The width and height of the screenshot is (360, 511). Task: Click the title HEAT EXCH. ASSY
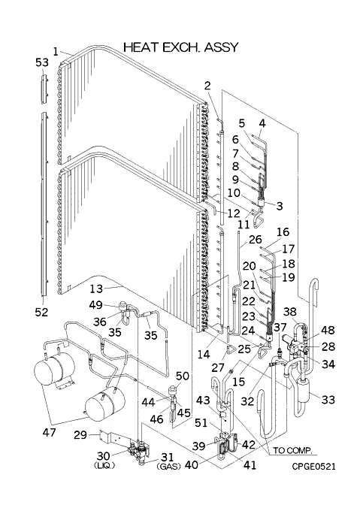click(x=181, y=47)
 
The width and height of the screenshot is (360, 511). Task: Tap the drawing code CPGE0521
click(x=313, y=467)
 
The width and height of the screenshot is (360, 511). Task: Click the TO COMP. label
click(x=292, y=451)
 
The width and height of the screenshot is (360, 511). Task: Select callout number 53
click(x=42, y=62)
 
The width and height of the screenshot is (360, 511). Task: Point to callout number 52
click(x=41, y=312)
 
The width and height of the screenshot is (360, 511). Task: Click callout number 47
click(x=49, y=432)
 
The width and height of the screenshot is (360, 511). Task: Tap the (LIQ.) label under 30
click(x=104, y=466)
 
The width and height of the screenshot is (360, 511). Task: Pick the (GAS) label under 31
click(x=168, y=467)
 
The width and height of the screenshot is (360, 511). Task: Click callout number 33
click(x=328, y=399)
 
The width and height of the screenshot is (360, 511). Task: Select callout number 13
click(x=96, y=289)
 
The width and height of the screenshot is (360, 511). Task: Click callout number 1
click(x=56, y=52)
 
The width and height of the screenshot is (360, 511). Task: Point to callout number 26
click(x=255, y=240)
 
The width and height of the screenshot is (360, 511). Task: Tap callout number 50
click(x=183, y=376)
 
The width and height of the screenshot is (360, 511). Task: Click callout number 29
click(x=80, y=434)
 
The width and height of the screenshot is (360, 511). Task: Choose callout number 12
click(x=234, y=213)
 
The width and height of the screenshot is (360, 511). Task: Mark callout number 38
click(x=289, y=312)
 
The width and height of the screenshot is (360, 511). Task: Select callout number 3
click(x=279, y=206)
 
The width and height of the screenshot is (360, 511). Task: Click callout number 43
click(x=203, y=400)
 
